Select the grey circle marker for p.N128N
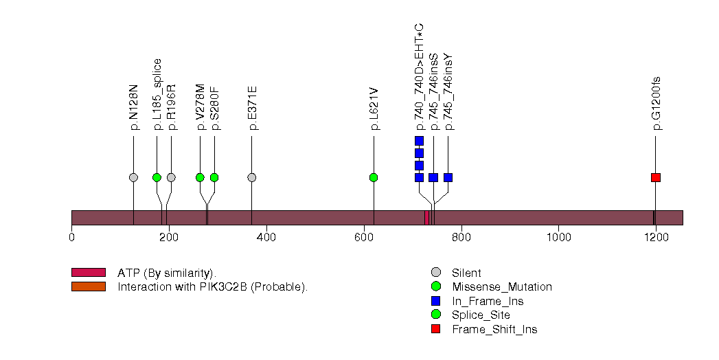(x=133, y=177)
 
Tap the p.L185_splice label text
(x=157, y=94)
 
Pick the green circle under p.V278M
(x=200, y=177)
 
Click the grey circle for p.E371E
(x=251, y=177)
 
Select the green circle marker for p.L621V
(x=374, y=177)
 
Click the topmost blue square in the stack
(x=419, y=141)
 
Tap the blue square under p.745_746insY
(x=448, y=177)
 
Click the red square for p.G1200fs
(x=656, y=177)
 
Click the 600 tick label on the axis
(x=364, y=238)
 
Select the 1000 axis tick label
(x=558, y=238)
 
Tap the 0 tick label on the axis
(x=71, y=238)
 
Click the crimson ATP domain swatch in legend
(x=88, y=273)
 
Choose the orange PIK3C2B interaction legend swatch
(x=88, y=286)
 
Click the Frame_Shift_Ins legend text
(x=494, y=330)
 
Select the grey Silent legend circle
(x=435, y=273)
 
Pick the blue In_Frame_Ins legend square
(x=435, y=301)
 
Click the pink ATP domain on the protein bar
(x=426, y=217)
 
